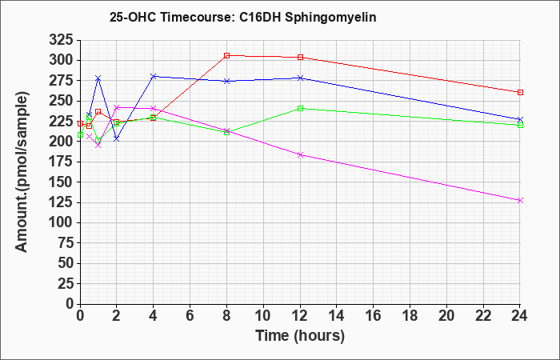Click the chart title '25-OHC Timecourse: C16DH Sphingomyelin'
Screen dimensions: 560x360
click(243, 17)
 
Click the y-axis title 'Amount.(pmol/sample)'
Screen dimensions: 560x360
click(22, 172)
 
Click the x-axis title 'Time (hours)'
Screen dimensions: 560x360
click(300, 336)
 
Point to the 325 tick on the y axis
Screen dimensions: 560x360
click(61, 40)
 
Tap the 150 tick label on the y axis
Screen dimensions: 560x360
click(61, 182)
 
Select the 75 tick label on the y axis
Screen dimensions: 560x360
click(66, 243)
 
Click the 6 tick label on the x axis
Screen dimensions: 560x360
click(190, 316)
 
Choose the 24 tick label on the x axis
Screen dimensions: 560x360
click(520, 316)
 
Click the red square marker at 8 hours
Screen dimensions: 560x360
click(226, 56)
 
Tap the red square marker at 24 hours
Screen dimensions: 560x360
click(520, 93)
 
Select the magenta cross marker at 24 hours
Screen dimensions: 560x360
click(520, 201)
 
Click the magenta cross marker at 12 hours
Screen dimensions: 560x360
click(300, 155)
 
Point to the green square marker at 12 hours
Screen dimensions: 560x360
click(300, 109)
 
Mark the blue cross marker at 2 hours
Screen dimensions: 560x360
click(117, 139)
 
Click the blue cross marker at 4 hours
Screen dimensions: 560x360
click(154, 77)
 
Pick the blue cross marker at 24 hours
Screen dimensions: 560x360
click(520, 119)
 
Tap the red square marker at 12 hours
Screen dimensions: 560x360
click(300, 57)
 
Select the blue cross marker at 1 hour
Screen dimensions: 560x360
click(98, 78)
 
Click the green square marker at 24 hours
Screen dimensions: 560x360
click(520, 126)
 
